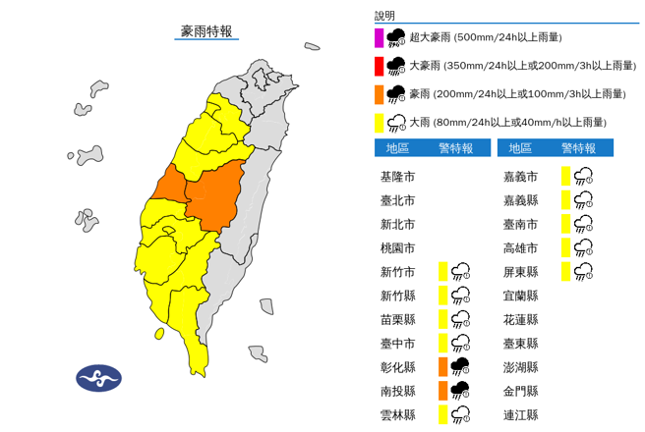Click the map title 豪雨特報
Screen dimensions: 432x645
pos(206,31)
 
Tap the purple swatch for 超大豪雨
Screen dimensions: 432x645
pos(379,38)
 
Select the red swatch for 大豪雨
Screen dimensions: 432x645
pos(379,66)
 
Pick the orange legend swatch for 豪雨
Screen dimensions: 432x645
pos(379,94)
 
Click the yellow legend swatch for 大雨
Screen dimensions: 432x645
pos(379,122)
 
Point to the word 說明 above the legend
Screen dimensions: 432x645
pos(384,16)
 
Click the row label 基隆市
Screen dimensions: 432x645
pos(397,177)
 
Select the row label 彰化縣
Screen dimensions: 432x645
pos(397,367)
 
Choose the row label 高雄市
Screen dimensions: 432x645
pos(520,247)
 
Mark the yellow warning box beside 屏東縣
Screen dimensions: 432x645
pos(565,272)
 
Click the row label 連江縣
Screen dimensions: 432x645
pos(520,414)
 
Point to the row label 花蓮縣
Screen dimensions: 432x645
pos(520,319)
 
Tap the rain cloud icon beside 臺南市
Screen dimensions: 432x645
pos(583,224)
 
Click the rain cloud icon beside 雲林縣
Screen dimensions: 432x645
pos(460,414)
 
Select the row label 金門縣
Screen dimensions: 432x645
pos(520,391)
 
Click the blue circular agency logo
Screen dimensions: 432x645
pos(99,377)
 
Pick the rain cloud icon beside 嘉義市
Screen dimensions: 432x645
pos(583,177)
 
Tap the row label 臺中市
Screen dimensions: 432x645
pos(397,343)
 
